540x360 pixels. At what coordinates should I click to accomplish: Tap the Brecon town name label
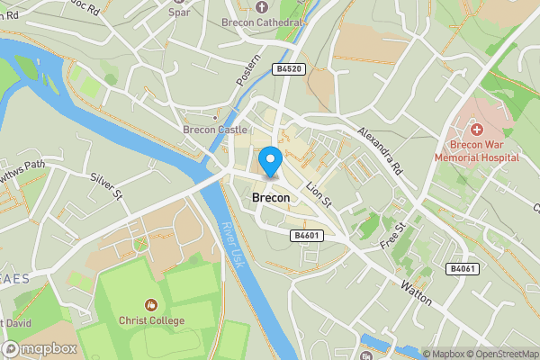tap(271, 196)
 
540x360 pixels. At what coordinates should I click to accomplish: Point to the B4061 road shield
tap(463, 268)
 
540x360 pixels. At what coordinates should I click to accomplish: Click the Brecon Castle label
tap(215, 130)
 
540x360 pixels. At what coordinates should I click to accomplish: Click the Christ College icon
tap(151, 305)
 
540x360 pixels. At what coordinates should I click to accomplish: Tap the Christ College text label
tap(151, 320)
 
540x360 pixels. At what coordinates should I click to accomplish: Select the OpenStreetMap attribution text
tap(502, 354)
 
